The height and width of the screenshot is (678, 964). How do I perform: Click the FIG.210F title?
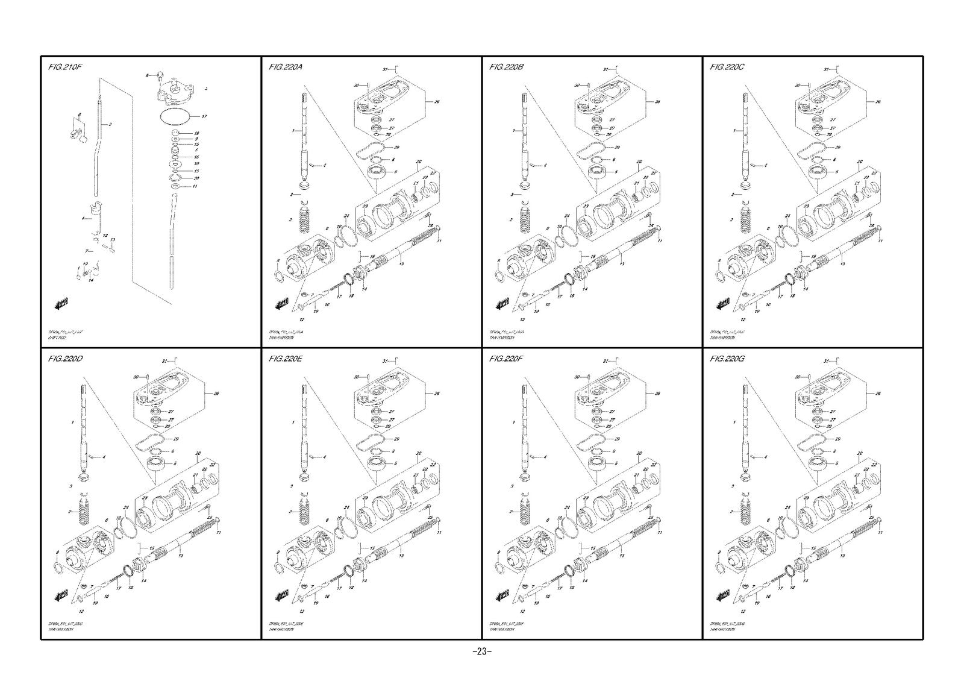64,67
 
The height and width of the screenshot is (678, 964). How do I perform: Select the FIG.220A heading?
286,67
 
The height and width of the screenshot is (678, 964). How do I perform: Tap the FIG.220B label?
507,67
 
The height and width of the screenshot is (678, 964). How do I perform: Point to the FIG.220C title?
727,67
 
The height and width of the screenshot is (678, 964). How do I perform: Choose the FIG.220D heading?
65,359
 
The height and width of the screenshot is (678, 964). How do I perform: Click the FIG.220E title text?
286,359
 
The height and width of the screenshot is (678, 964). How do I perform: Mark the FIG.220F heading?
507,359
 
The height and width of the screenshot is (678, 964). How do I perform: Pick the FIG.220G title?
728,359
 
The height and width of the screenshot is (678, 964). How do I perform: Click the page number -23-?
482,651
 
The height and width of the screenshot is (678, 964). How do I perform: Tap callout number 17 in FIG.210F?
204,116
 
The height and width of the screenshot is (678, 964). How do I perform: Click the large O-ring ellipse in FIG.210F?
175,115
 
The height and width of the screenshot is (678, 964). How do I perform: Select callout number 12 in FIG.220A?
300,319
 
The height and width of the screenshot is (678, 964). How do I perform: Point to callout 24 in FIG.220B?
566,216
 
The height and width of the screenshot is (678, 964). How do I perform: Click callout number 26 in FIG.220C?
878,102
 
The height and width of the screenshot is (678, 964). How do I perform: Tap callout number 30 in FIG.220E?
357,377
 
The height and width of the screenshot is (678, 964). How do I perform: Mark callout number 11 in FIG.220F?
660,533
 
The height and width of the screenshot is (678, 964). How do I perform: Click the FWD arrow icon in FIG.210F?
61,304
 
